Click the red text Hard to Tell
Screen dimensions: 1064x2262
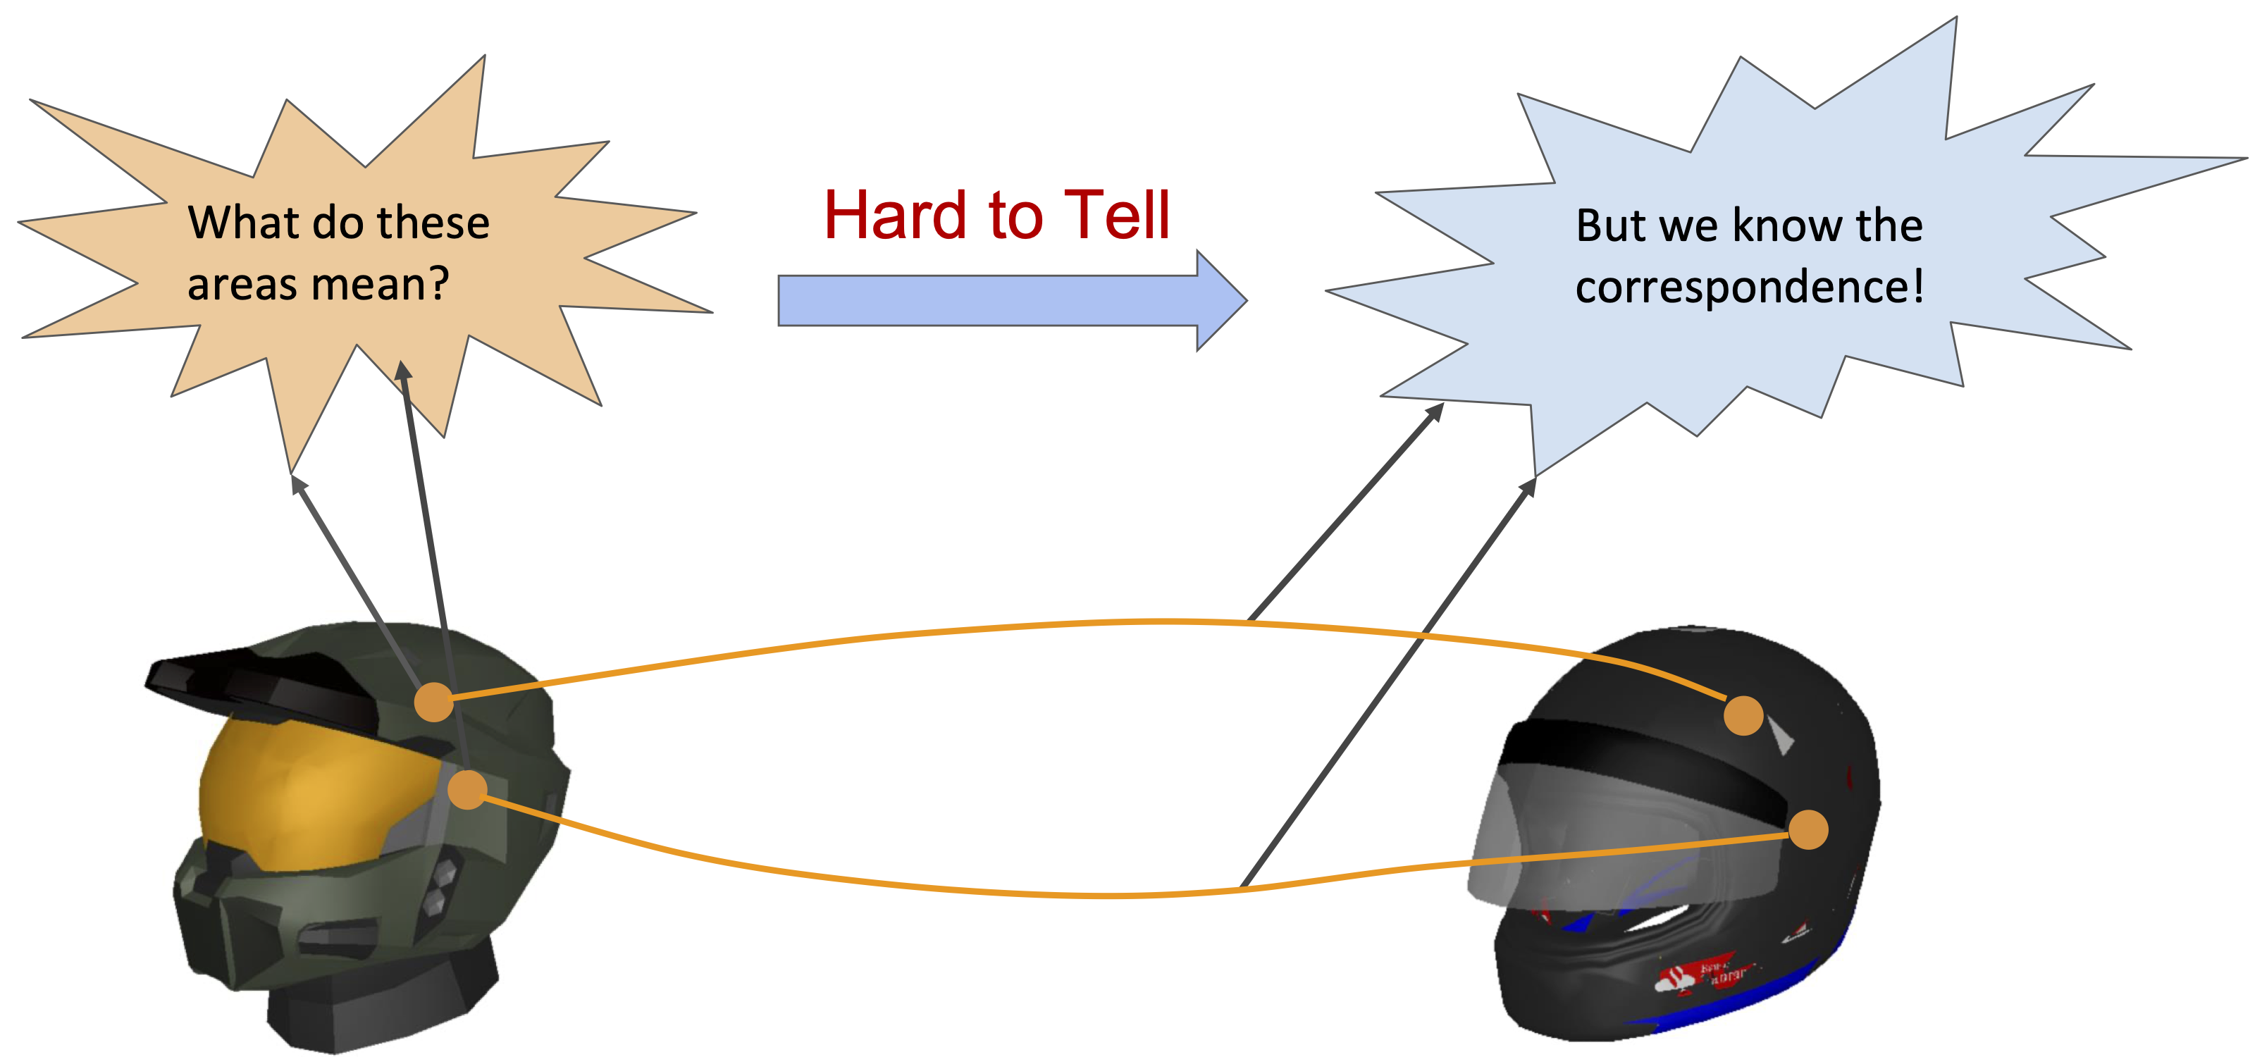coord(996,215)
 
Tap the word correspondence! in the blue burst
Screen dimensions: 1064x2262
coord(1749,287)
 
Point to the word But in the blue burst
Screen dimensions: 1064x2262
coord(1610,225)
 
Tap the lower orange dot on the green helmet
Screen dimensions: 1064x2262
coord(467,789)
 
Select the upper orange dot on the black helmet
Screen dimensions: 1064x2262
coord(1743,715)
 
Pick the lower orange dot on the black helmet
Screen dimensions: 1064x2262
coord(1808,829)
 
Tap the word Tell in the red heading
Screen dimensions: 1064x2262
coord(1117,215)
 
